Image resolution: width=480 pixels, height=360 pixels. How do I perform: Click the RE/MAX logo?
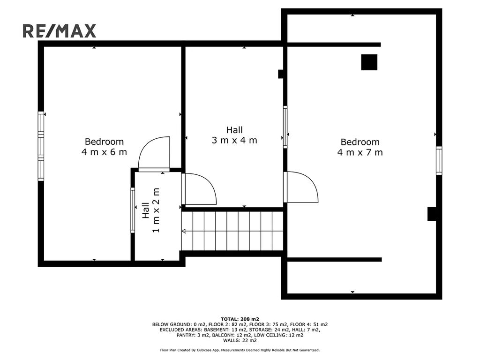(x=60, y=31)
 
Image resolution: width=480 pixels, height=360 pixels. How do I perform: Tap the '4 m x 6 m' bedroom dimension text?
(x=104, y=152)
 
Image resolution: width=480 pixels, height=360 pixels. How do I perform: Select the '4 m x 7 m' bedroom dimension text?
(x=360, y=152)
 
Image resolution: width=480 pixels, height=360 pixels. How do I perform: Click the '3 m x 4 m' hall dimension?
(x=234, y=141)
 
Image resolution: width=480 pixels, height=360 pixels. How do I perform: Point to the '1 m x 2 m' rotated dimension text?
(x=156, y=210)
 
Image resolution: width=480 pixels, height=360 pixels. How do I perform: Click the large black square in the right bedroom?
(x=369, y=62)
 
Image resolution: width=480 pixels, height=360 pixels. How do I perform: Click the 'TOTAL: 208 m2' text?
(x=240, y=319)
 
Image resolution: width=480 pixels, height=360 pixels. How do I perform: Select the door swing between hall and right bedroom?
(x=301, y=187)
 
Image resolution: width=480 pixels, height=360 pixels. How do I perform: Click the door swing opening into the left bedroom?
(x=154, y=154)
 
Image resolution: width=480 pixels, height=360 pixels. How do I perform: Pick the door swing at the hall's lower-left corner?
(x=199, y=189)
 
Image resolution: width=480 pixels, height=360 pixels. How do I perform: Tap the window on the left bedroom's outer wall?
(x=41, y=146)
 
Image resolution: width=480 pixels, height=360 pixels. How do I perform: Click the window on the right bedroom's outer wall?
(x=439, y=160)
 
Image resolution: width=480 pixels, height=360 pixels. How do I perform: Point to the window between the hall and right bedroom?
(x=285, y=127)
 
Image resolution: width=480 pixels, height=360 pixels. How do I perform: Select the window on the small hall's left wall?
(x=133, y=210)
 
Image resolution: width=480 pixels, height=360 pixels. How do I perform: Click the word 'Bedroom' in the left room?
(x=105, y=142)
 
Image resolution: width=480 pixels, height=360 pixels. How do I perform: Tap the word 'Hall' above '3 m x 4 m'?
(x=234, y=130)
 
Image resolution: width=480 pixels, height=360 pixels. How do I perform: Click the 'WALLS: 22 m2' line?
(x=240, y=340)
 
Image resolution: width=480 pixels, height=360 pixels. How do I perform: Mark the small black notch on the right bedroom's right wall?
(x=432, y=214)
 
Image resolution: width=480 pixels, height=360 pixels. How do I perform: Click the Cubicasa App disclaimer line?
(x=240, y=350)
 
